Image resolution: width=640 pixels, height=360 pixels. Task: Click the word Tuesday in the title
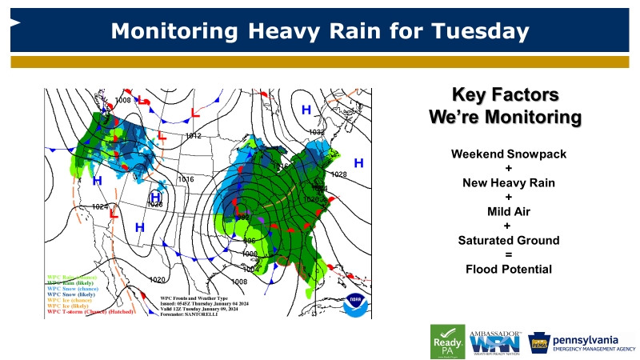click(x=479, y=31)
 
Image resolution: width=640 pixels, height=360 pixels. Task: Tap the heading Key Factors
click(x=504, y=94)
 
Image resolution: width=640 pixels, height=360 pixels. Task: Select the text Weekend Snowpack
click(x=504, y=154)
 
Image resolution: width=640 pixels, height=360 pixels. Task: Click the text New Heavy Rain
click(x=504, y=182)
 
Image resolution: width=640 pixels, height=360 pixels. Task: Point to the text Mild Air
click(x=504, y=211)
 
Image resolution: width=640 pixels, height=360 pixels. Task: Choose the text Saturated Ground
click(x=504, y=240)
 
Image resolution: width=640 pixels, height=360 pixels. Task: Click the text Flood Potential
click(x=504, y=269)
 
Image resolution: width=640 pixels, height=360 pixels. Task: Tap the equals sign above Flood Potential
click(x=504, y=254)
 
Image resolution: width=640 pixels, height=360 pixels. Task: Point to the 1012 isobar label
click(x=193, y=136)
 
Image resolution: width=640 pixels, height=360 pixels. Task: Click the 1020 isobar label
click(x=158, y=280)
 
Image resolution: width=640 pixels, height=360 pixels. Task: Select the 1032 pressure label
click(x=317, y=132)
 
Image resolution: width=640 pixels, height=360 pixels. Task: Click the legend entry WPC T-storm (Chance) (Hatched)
click(x=89, y=311)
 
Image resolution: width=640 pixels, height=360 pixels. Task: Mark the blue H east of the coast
click(x=359, y=163)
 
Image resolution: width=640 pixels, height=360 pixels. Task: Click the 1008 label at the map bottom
click(x=239, y=282)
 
